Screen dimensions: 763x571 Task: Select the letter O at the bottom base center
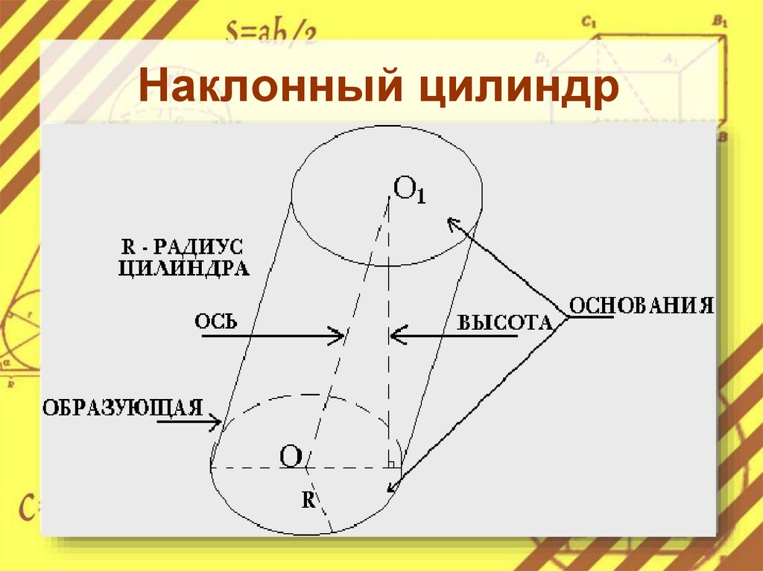[x=291, y=456]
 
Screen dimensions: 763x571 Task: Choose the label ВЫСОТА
[x=504, y=322]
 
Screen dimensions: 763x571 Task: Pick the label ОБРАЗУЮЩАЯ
[x=123, y=407]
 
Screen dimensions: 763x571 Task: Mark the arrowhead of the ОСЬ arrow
[x=340, y=336]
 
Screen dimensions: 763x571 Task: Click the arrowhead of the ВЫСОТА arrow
[x=395, y=336]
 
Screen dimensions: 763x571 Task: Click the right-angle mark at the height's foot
[x=390, y=464]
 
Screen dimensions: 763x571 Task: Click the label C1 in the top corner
[x=589, y=23]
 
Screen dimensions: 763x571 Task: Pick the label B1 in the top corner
[x=719, y=22]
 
